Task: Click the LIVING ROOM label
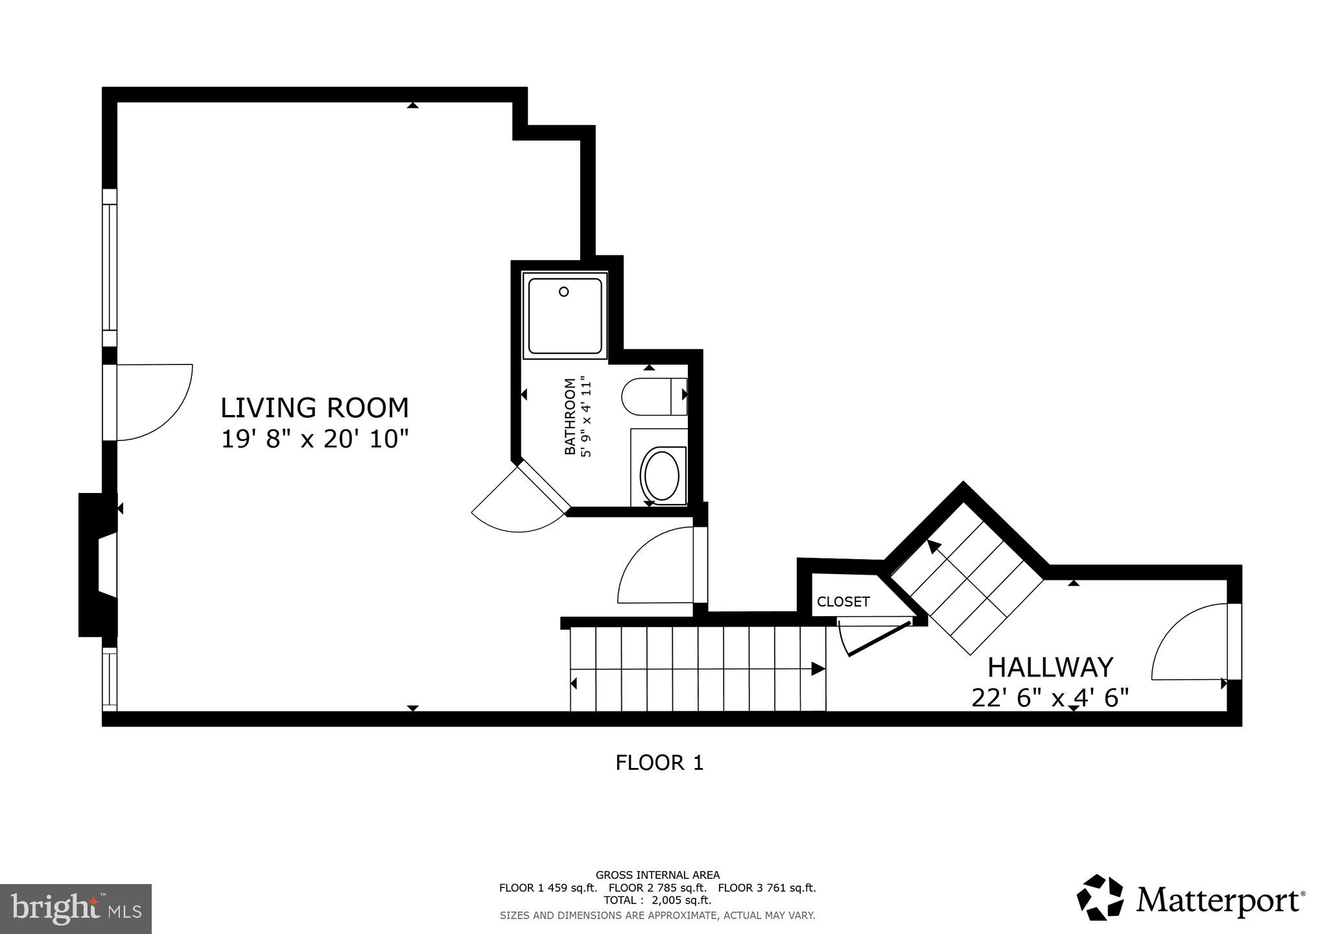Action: [315, 408]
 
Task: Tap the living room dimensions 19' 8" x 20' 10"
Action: [315, 439]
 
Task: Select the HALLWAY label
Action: [1050, 667]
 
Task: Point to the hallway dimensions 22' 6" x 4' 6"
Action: [1050, 698]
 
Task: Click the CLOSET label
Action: [843, 602]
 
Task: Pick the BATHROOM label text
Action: [571, 416]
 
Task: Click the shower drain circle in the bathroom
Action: [563, 292]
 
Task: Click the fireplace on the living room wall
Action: [97, 564]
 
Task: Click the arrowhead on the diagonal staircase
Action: [933, 546]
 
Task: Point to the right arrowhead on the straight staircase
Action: [819, 669]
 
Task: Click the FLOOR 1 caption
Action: [659, 762]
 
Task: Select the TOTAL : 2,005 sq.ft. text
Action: [657, 900]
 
